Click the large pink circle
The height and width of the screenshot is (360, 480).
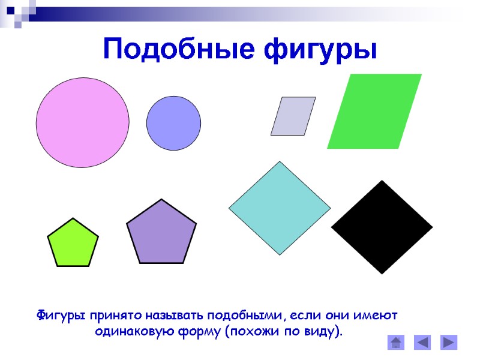coord(82,122)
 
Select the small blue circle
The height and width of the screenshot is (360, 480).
coord(173,123)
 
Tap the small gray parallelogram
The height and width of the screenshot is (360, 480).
coord(293,116)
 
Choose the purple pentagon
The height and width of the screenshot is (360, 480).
coord(161,233)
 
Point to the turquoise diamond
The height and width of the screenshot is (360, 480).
coord(280,208)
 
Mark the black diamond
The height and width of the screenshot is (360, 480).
coord(382,227)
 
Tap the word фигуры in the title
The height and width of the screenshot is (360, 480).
coord(322,49)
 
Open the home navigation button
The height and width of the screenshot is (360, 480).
coord(397,343)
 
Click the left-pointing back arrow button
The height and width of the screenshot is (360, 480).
coord(423,343)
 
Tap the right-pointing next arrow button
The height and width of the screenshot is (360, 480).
coord(449,343)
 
